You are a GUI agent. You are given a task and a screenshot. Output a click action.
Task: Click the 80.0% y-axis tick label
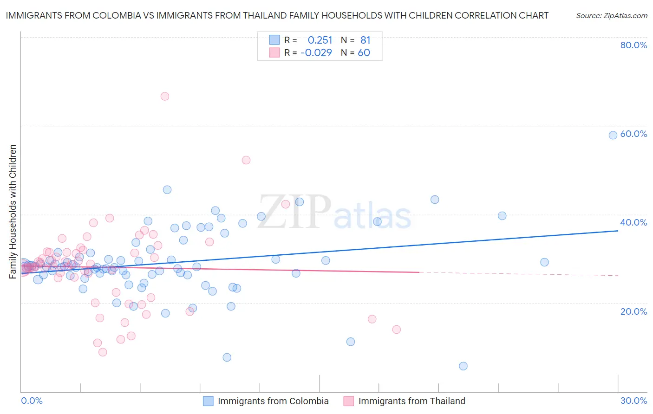click(x=633, y=45)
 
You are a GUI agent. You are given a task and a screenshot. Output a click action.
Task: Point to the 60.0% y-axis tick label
click(x=633, y=134)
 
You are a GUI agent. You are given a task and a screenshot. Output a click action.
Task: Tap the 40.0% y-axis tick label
click(x=633, y=222)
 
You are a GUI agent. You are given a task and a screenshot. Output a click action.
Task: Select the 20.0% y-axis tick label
click(x=633, y=311)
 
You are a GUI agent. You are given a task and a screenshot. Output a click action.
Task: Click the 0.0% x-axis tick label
click(x=32, y=401)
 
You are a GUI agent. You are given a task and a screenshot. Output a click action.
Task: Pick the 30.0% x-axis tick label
click(x=633, y=401)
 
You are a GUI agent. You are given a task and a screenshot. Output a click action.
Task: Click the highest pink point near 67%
click(x=164, y=97)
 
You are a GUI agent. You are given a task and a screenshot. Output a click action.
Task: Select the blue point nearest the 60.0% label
click(x=613, y=135)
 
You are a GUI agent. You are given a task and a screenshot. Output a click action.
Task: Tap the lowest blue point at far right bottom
click(x=463, y=366)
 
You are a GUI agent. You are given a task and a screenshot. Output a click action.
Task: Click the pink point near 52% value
click(x=246, y=160)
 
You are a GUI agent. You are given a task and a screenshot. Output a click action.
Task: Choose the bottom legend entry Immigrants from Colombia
click(x=273, y=401)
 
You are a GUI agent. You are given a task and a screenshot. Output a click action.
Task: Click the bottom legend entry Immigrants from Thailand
click(x=411, y=401)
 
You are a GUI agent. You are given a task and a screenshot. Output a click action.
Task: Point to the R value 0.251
click(x=320, y=40)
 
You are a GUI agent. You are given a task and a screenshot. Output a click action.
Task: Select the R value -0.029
click(x=316, y=53)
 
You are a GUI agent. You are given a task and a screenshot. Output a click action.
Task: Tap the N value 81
click(x=366, y=40)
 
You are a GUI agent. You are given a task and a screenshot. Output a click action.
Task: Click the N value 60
click(x=364, y=53)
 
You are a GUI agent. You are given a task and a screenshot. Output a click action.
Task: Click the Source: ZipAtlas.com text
click(x=611, y=15)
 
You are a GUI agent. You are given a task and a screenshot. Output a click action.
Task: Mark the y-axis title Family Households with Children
click(x=13, y=212)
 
